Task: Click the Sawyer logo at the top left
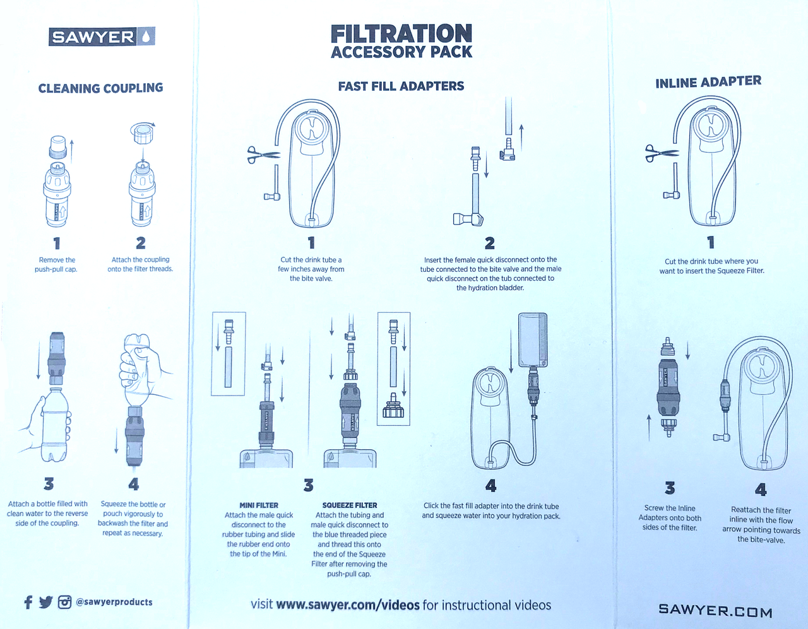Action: click(102, 37)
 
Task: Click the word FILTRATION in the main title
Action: click(401, 34)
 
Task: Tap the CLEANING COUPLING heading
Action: click(100, 88)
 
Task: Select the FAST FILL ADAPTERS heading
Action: click(401, 86)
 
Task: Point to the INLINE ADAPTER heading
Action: click(708, 82)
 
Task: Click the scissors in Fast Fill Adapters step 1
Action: click(263, 155)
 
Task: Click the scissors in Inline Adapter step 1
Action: click(662, 153)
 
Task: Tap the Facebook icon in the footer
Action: click(28, 602)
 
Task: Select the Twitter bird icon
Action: click(45, 603)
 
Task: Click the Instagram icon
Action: click(64, 603)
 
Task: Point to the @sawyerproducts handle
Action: click(114, 602)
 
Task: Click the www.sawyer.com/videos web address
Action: click(348, 605)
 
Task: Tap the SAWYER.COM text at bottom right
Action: click(715, 611)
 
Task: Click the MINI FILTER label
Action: click(259, 505)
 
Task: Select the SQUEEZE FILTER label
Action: click(350, 505)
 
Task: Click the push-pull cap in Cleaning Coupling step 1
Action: click(58, 147)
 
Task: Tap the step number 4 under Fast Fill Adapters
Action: click(491, 486)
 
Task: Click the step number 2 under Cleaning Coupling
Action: click(141, 243)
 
